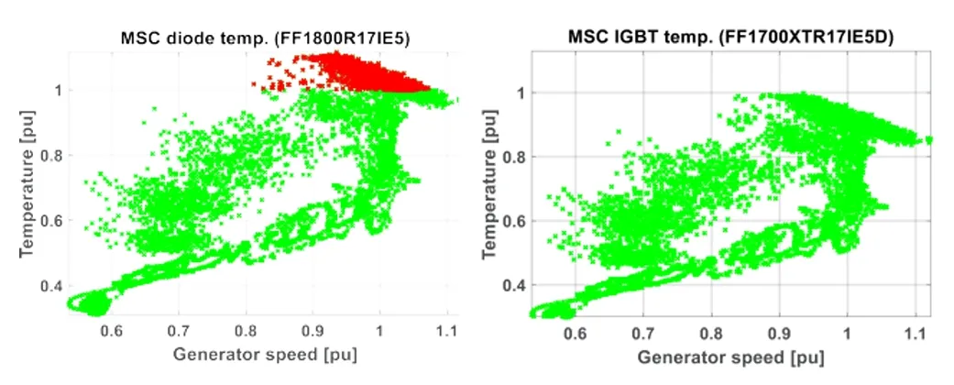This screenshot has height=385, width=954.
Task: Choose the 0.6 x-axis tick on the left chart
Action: click(110, 329)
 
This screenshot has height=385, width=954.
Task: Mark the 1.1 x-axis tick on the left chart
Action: click(447, 329)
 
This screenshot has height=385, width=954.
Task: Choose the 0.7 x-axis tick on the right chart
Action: click(645, 329)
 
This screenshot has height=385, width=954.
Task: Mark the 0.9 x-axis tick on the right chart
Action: click(780, 329)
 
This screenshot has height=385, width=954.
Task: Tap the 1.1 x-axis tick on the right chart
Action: click(914, 329)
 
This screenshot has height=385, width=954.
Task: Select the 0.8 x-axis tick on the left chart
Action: click(245, 329)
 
